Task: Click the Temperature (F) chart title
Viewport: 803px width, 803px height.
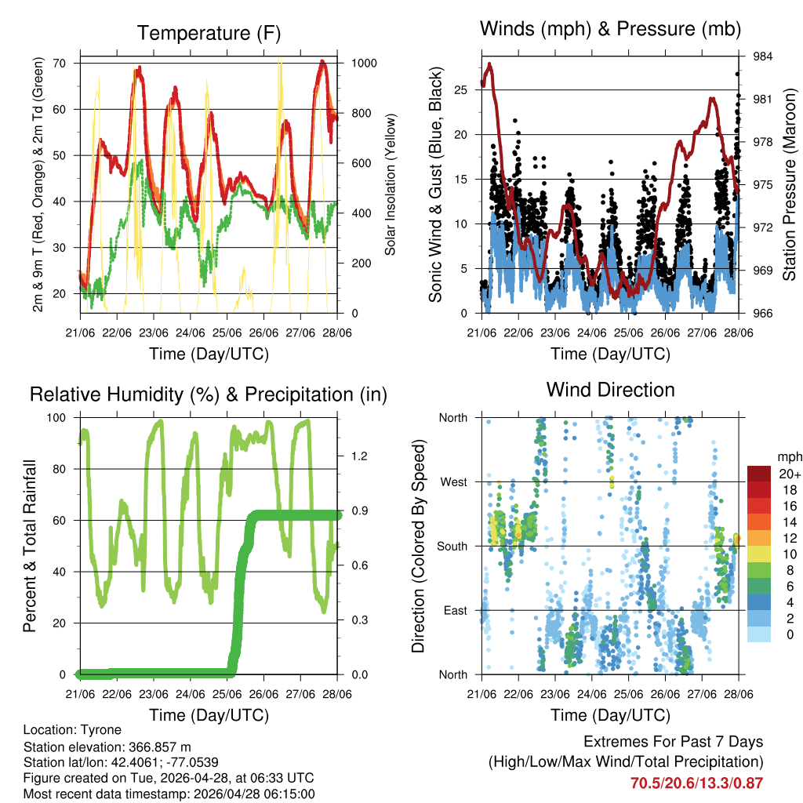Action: pos(209,33)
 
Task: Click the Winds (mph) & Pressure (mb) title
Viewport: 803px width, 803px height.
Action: pos(611,29)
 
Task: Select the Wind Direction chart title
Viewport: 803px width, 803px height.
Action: pos(610,389)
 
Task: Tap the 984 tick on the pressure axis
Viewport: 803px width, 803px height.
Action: pos(763,56)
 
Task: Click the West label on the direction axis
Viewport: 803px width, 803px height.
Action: pos(452,481)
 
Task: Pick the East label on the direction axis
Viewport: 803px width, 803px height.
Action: pos(454,610)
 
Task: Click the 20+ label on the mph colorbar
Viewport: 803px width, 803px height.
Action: pos(787,474)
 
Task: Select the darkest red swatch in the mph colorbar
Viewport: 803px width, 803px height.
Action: pos(758,474)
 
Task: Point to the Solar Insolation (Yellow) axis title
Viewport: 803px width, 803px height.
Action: pos(390,184)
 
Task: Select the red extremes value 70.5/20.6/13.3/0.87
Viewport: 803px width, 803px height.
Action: pos(696,783)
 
